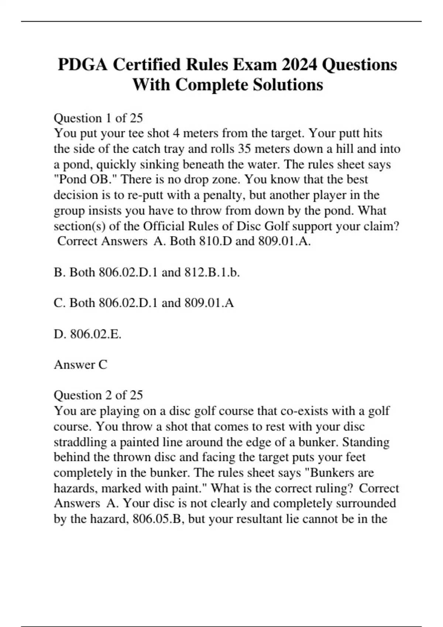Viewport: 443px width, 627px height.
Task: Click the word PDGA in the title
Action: tap(83, 65)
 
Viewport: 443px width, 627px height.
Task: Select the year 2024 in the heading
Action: tap(299, 65)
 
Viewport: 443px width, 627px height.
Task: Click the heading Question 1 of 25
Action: tap(98, 118)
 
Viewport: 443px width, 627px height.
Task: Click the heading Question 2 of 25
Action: tap(98, 395)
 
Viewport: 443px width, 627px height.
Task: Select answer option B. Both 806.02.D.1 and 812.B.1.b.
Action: tap(147, 272)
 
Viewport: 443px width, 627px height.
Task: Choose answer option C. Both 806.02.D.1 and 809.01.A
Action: tap(144, 303)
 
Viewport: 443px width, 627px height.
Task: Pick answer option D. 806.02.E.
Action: tap(87, 334)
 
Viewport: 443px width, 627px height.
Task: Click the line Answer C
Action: tap(80, 364)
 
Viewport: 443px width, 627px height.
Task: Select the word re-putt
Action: tap(144, 195)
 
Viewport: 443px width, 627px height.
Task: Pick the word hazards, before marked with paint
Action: tap(76, 488)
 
